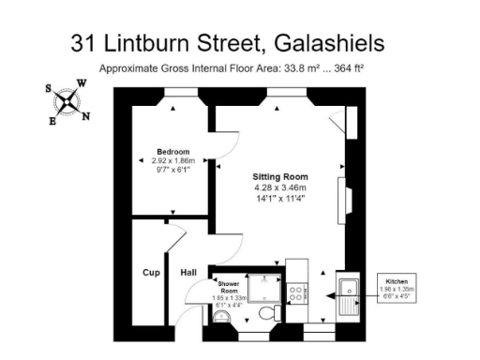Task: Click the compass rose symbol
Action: coord(67,101)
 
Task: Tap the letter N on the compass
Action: coord(86,117)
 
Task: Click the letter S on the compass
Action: coord(48,88)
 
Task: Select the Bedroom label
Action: coord(172,152)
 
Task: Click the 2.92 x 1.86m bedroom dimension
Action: coord(172,160)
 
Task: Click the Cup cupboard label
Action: coord(149,273)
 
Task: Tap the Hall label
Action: coord(187,273)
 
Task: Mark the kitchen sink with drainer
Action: coord(349,297)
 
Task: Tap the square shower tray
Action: coord(265,285)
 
